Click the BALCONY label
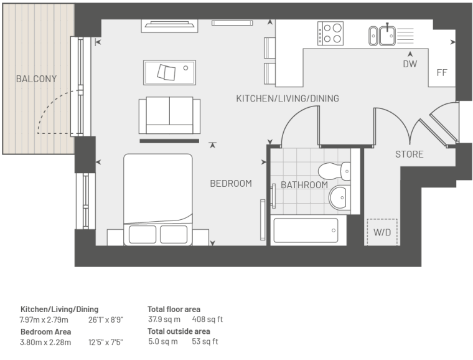(x=36, y=78)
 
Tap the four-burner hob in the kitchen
(x=330, y=33)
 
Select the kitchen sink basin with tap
(x=387, y=36)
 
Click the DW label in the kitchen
(x=410, y=64)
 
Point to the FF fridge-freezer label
(x=442, y=72)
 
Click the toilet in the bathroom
(x=334, y=171)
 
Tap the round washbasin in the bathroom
(x=339, y=197)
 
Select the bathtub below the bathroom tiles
(x=306, y=230)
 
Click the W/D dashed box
(x=382, y=232)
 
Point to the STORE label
(x=410, y=154)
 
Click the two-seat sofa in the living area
(x=169, y=115)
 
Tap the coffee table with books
(x=169, y=72)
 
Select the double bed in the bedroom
(x=157, y=200)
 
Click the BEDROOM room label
(x=231, y=184)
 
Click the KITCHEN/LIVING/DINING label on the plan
(x=288, y=98)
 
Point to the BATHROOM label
(x=304, y=185)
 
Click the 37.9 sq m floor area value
(x=164, y=320)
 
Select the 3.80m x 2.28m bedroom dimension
(x=45, y=342)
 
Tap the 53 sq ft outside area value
(x=205, y=341)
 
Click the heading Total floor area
(x=174, y=310)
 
